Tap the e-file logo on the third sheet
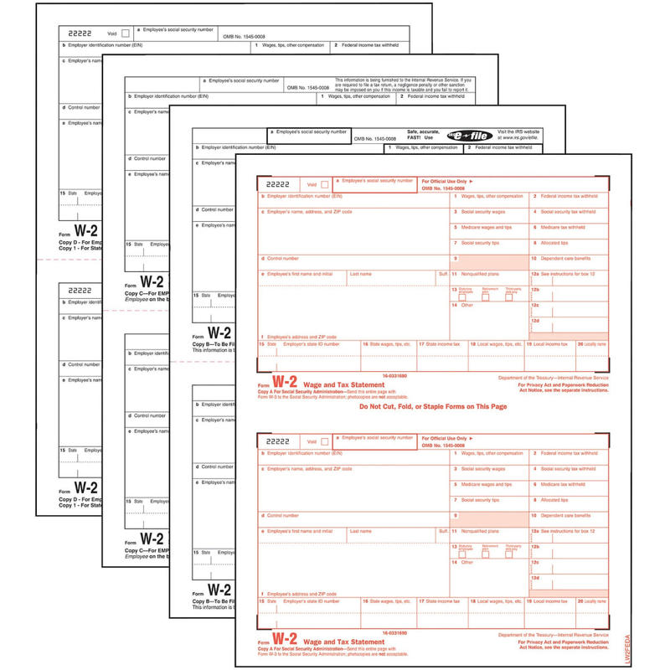click(x=452, y=135)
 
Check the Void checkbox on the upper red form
click(x=325, y=183)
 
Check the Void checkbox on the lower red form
click(x=325, y=441)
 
